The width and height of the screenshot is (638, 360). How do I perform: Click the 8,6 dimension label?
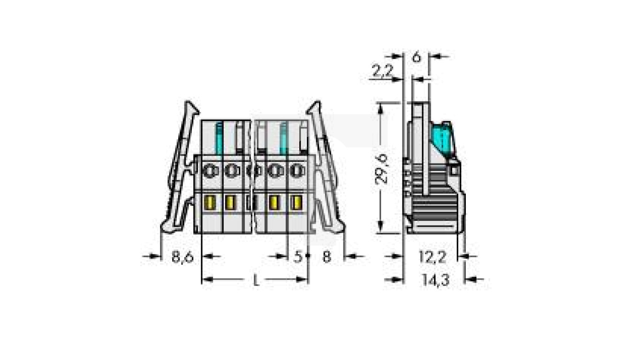click(x=182, y=257)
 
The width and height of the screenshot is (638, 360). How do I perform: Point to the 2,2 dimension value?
click(x=382, y=71)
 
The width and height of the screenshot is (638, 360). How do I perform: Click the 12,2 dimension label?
click(x=432, y=257)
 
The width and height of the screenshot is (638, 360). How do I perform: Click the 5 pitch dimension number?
click(x=297, y=257)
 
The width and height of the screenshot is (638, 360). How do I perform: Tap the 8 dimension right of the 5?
click(x=327, y=257)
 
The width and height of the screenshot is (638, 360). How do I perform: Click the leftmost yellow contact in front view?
click(x=210, y=203)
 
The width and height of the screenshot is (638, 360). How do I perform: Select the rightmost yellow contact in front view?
click(x=295, y=203)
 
